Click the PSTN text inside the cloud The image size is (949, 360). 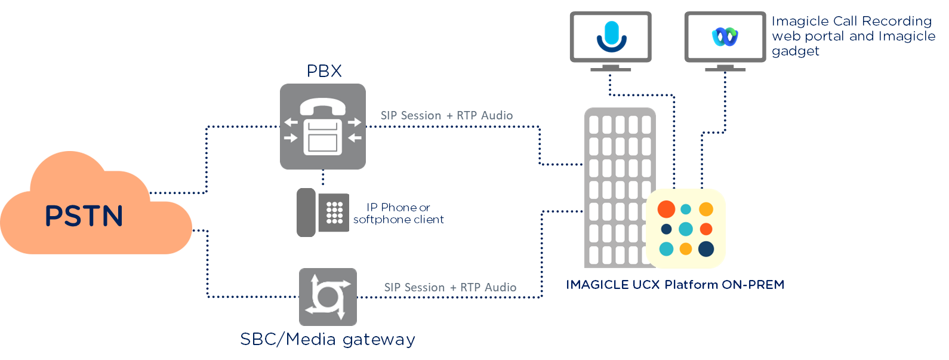[x=84, y=216]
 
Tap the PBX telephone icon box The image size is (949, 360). [x=323, y=127]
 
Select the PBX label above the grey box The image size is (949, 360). [x=324, y=71]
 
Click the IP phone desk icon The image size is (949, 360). [x=323, y=213]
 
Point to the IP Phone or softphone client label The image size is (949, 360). [x=399, y=214]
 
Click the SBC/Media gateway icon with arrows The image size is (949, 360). [x=328, y=297]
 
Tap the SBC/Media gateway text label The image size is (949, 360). [x=328, y=339]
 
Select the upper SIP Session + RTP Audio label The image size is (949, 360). [x=446, y=115]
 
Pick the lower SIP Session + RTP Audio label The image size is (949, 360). [x=450, y=287]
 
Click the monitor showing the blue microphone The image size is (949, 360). [x=611, y=37]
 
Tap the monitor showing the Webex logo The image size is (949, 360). [x=725, y=37]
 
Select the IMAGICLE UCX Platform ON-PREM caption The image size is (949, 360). [x=675, y=285]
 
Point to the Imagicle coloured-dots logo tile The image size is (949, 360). [x=686, y=229]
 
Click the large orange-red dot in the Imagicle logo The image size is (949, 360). [x=666, y=209]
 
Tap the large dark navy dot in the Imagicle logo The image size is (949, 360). [x=706, y=248]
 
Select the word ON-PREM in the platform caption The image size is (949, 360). [x=753, y=285]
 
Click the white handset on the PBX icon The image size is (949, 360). [x=323, y=106]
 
